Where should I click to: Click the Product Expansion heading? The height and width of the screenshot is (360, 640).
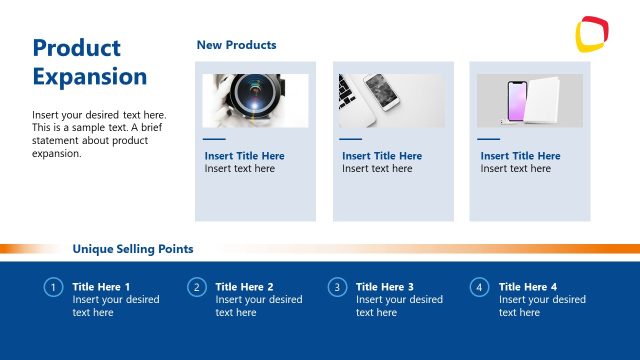pos(90,62)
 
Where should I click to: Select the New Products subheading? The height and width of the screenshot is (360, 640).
pos(236,45)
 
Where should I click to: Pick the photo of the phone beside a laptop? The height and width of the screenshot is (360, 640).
pos(392,100)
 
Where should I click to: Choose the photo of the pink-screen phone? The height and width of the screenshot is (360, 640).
pos(529,100)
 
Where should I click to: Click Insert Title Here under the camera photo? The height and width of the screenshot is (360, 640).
pos(244,156)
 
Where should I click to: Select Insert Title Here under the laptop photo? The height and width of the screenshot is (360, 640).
pos(382,156)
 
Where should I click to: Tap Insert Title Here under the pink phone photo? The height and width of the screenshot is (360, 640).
pos(520,156)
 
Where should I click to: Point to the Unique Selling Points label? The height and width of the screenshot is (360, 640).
pos(133,249)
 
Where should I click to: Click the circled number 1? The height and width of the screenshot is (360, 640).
pos(53,288)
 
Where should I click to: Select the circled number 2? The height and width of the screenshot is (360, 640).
pos(196,288)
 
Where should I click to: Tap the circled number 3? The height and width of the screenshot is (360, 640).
pos(337,288)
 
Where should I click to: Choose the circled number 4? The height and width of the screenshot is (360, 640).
pos(479,288)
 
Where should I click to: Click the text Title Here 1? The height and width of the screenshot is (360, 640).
pos(101,287)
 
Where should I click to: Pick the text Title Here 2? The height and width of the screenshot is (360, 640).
pos(244,287)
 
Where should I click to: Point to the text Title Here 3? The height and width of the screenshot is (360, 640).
pos(385,287)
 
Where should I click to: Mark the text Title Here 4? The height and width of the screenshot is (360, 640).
pos(528,287)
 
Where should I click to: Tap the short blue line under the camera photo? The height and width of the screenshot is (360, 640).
pos(214,139)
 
